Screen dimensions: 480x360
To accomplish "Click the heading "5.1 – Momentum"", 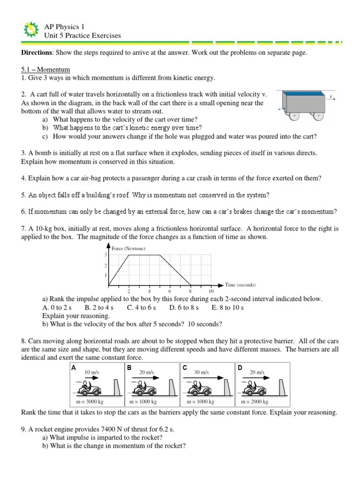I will [x=45, y=69].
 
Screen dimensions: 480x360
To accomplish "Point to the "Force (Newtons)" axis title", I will [x=128, y=248].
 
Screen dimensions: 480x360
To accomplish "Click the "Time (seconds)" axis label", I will [x=240, y=285].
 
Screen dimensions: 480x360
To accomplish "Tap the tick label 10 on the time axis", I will [x=211, y=291].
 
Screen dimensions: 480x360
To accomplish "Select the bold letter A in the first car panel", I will [x=74, y=368].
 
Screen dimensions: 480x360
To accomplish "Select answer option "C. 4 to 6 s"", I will [x=141, y=308].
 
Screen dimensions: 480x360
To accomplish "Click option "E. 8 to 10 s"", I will [x=227, y=308].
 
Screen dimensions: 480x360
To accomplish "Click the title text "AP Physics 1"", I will [x=64, y=27].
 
